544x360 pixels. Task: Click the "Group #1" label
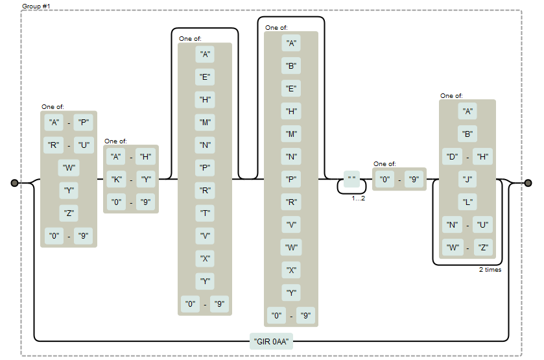point(36,5)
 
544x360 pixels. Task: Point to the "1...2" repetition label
point(359,198)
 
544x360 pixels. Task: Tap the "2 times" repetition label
point(490,270)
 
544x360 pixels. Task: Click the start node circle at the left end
point(15,183)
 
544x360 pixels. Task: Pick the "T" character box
point(206,213)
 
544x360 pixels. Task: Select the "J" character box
point(467,178)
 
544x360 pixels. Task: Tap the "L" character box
point(467,201)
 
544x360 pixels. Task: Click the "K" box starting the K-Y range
point(117,179)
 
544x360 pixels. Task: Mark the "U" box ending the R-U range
point(84,144)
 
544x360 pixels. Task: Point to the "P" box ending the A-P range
point(84,121)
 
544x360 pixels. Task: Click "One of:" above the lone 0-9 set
point(384,164)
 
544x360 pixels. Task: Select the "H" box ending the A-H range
point(146,156)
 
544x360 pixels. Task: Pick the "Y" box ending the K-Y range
point(146,179)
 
